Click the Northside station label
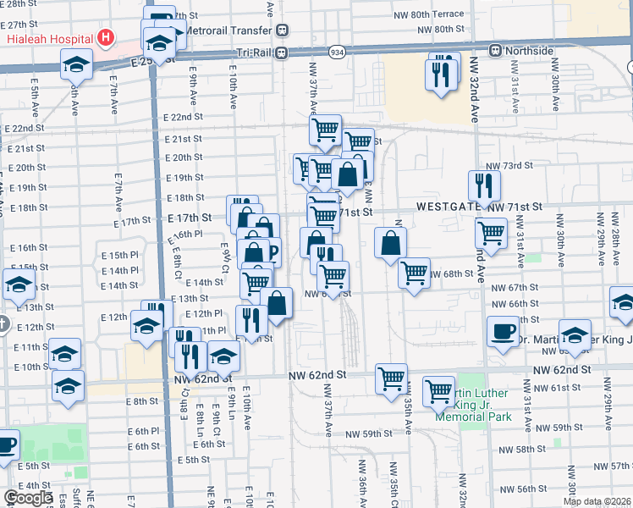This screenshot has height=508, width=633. coord(529,52)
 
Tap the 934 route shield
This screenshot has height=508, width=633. coord(337,52)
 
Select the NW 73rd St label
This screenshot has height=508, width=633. coord(509,166)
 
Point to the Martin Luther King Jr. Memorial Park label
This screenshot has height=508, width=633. coord(471,405)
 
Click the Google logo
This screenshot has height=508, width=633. coord(28,498)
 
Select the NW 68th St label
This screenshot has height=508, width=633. coord(450,273)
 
